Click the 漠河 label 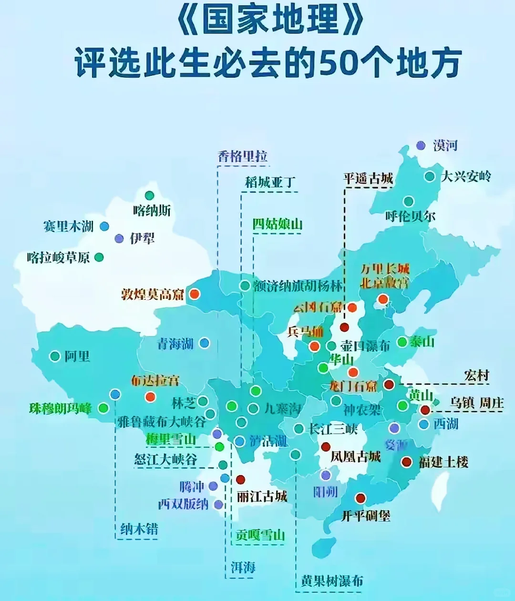(445, 145)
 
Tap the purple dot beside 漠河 (421, 145)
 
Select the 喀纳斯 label (152, 210)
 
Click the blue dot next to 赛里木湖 (104, 226)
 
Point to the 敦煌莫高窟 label (153, 294)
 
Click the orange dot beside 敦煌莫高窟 (194, 294)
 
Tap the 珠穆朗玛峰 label (61, 408)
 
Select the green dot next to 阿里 (55, 356)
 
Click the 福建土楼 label (443, 462)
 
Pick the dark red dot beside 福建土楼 (406, 462)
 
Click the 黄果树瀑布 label (332, 581)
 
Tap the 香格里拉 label (243, 156)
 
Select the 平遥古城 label (368, 179)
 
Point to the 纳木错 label (139, 529)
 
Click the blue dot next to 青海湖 (204, 343)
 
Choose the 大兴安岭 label (466, 176)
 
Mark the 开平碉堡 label (366, 515)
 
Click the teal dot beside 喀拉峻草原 (99, 257)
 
